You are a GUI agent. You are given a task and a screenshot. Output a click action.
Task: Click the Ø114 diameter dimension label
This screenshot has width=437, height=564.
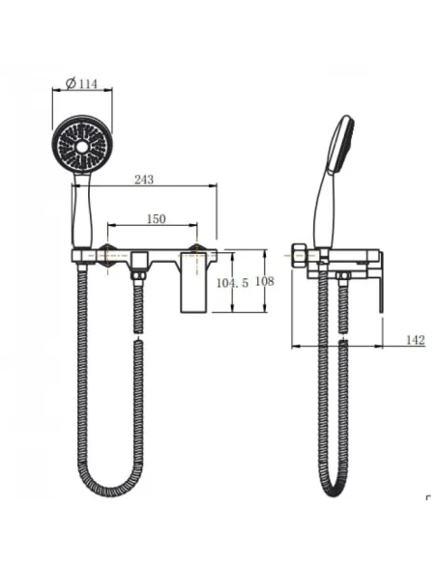coord(81,83)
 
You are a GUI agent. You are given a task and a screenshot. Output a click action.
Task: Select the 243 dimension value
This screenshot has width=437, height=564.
coord(144,179)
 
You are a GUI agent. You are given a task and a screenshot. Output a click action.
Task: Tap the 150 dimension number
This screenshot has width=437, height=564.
coord(156,218)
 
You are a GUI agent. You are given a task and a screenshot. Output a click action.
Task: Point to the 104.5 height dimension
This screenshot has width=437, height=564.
coord(232,283)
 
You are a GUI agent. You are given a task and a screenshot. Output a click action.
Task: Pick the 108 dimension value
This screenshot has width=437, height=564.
coord(265,281)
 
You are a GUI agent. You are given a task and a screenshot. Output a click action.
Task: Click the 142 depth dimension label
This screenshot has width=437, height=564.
coord(416,340)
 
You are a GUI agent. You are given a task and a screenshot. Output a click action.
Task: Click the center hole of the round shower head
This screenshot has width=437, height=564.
coord(82,146)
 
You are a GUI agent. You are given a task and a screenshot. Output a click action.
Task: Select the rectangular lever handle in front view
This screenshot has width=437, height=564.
coord(193,282)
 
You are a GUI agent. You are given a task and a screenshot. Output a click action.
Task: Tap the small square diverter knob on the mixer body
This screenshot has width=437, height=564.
coord(139,261)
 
